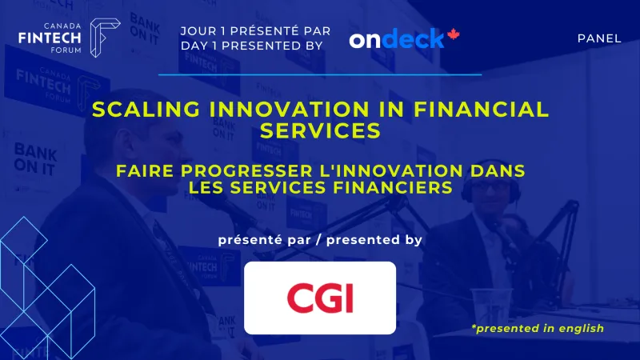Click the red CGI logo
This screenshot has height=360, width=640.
click(320, 298)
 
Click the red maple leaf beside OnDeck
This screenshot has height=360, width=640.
click(454, 35)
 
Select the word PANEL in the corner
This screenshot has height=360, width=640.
click(598, 38)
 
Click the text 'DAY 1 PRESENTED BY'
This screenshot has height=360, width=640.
click(252, 46)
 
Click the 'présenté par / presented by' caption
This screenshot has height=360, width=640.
click(320, 239)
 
